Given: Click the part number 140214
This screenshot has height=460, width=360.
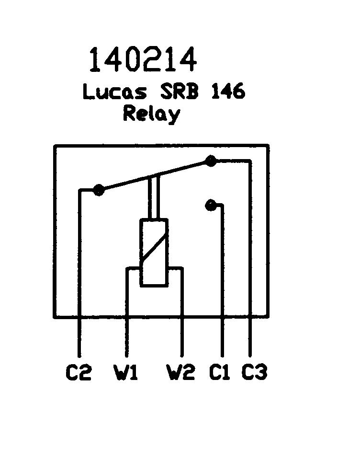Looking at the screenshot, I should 143,60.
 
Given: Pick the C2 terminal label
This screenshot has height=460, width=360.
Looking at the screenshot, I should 79,372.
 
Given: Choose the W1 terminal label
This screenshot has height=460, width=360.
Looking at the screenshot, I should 125,372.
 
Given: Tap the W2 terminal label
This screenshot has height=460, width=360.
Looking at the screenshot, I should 181,372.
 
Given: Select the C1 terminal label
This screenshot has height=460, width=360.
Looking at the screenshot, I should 219,372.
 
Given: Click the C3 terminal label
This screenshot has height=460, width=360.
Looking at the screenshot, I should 254,372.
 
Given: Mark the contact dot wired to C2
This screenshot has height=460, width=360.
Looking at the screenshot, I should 99,190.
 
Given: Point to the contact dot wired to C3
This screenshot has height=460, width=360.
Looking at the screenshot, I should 210,161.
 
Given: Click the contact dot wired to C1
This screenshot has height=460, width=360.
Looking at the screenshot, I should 210,206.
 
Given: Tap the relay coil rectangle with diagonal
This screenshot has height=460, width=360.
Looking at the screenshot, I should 154,253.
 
